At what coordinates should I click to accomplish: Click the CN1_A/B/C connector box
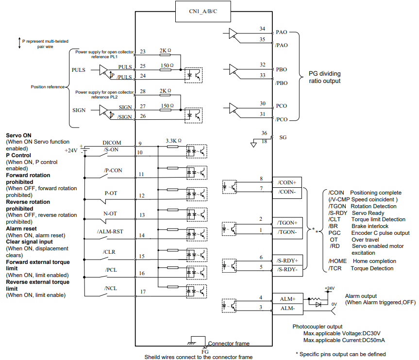pyautogui.click(x=203, y=12)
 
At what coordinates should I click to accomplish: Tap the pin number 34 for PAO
pyautogui.click(x=262, y=29)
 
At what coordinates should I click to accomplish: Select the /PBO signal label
pyautogui.click(x=282, y=83)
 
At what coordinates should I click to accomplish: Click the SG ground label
pyautogui.click(x=283, y=137)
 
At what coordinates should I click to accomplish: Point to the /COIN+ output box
pyautogui.click(x=287, y=182)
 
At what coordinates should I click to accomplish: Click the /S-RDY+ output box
pyautogui.click(x=287, y=261)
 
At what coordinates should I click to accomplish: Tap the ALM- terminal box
pyautogui.click(x=288, y=309)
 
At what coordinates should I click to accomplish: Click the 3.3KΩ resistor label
pyautogui.click(x=174, y=141)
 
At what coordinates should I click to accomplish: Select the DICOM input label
pyautogui.click(x=112, y=143)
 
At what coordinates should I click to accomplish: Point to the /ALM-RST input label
pyautogui.click(x=110, y=231)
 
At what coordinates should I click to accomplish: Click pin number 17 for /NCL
pyautogui.click(x=143, y=292)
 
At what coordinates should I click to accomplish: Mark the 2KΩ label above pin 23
pyautogui.click(x=166, y=50)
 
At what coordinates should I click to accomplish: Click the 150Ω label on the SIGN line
pyautogui.click(x=168, y=106)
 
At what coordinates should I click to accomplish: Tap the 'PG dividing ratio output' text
pyautogui.click(x=325, y=77)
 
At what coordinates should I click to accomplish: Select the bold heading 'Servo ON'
pyautogui.click(x=19, y=135)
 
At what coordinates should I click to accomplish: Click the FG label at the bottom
pyautogui.click(x=205, y=352)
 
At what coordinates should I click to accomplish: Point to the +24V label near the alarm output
pyautogui.click(x=330, y=288)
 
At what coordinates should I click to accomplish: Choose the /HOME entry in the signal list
pyautogui.click(x=337, y=261)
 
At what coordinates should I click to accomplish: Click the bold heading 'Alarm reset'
pyautogui.click(x=21, y=229)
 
